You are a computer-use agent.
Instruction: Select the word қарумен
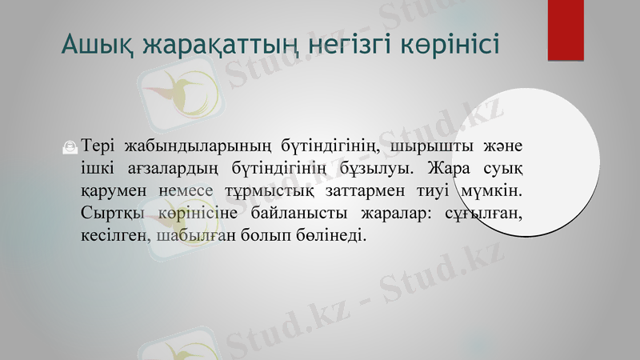[109, 192]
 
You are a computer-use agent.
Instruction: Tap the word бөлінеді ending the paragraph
[331, 236]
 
